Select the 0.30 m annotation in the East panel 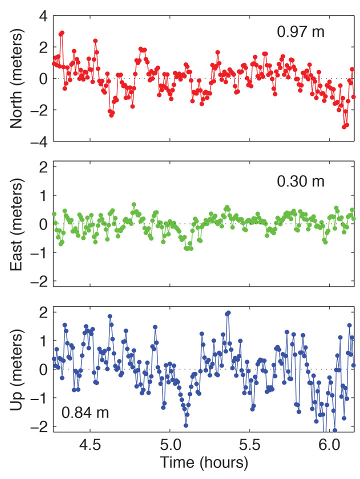301,181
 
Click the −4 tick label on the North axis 39,142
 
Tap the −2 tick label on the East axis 39,281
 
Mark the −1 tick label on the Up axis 39,398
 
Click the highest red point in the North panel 62,33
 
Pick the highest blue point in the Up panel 228,313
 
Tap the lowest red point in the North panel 344,127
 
